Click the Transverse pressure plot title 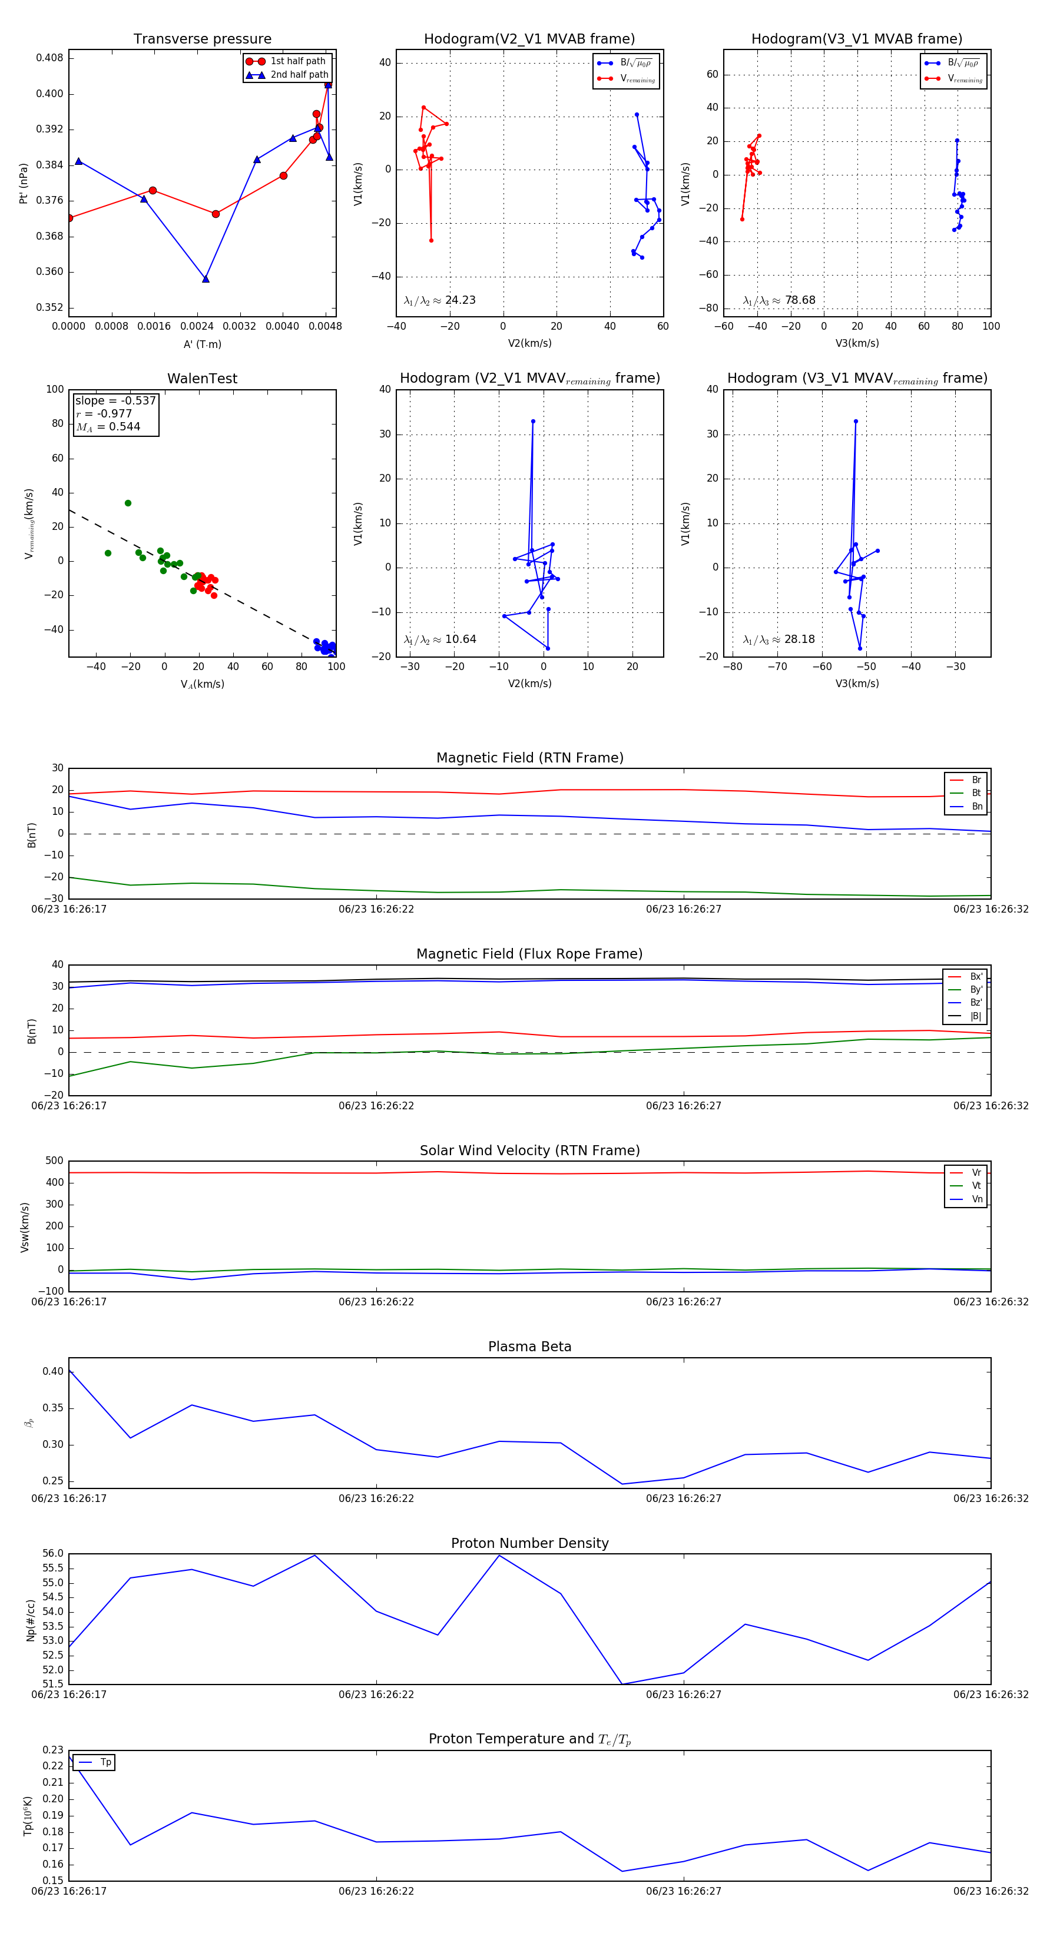[x=202, y=39]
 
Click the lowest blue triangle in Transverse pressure [x=205, y=279]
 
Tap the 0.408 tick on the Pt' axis [x=50, y=58]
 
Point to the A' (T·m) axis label [x=202, y=344]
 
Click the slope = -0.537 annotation [x=115, y=400]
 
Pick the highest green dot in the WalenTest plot [x=128, y=503]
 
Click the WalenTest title [x=202, y=379]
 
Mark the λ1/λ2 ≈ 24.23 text [x=440, y=300]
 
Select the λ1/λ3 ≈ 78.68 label [x=779, y=300]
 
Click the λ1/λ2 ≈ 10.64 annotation [x=440, y=639]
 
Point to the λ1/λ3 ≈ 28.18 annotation [x=779, y=639]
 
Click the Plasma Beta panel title [x=529, y=1347]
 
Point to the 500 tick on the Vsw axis [x=54, y=1161]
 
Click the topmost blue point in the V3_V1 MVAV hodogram [x=856, y=422]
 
